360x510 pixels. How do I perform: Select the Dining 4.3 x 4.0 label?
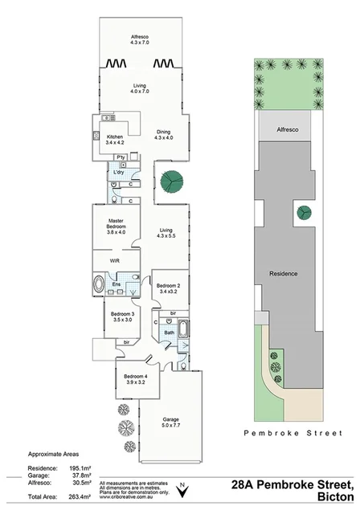(x=163, y=134)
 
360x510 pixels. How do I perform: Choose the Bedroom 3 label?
(x=121, y=316)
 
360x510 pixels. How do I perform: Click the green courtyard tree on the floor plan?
(x=170, y=182)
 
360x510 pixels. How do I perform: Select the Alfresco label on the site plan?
(x=287, y=129)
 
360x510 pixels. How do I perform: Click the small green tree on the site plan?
(x=305, y=213)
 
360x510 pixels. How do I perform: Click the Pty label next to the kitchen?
(x=119, y=157)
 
